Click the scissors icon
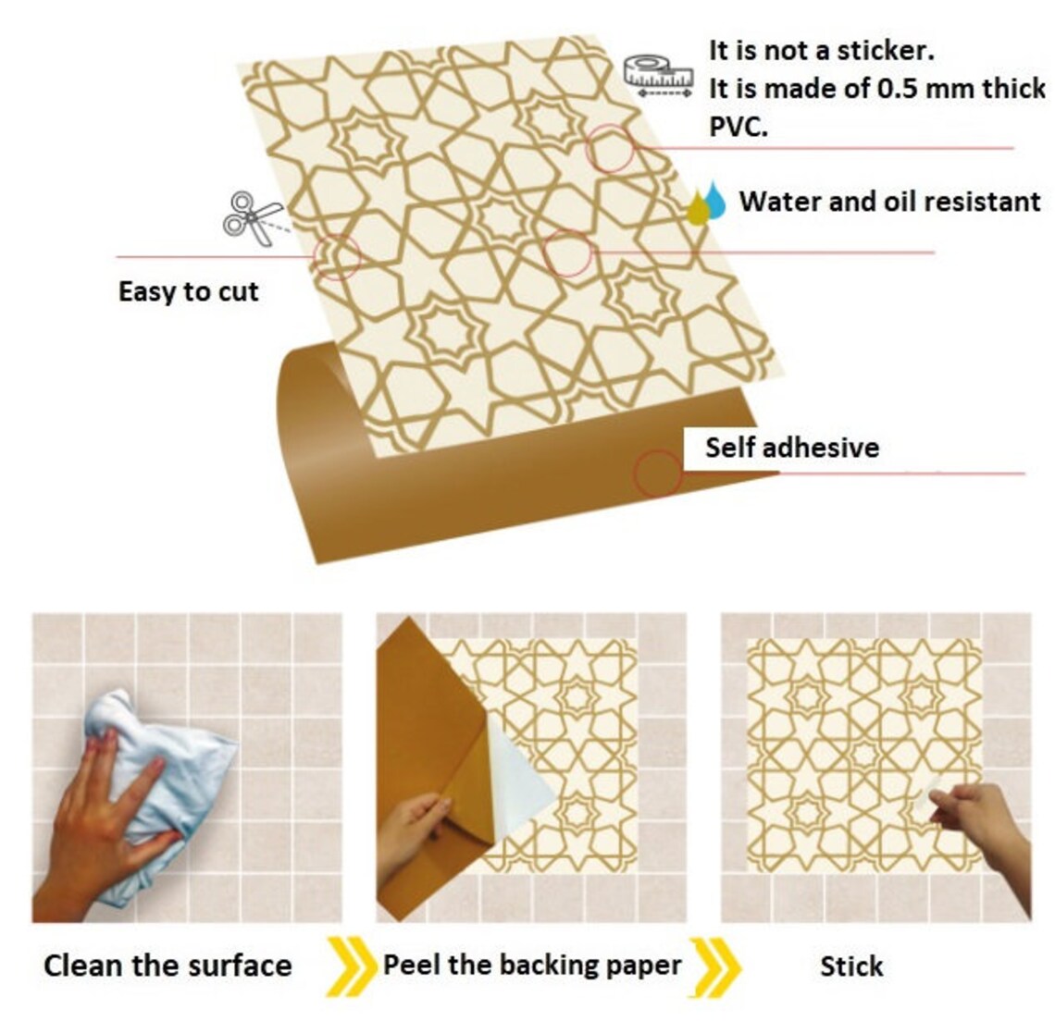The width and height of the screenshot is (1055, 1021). click(253, 218)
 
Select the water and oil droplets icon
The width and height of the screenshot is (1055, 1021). click(708, 203)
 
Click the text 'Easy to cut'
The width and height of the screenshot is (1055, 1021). click(188, 292)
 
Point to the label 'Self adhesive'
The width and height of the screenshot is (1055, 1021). click(791, 448)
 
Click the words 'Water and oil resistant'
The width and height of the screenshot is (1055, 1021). click(889, 202)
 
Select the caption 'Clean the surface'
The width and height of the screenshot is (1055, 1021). click(168, 966)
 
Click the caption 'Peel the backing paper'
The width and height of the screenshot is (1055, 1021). click(532, 966)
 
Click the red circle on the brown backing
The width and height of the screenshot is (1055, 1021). click(657, 474)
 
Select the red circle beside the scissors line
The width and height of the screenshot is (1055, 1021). click(336, 255)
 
